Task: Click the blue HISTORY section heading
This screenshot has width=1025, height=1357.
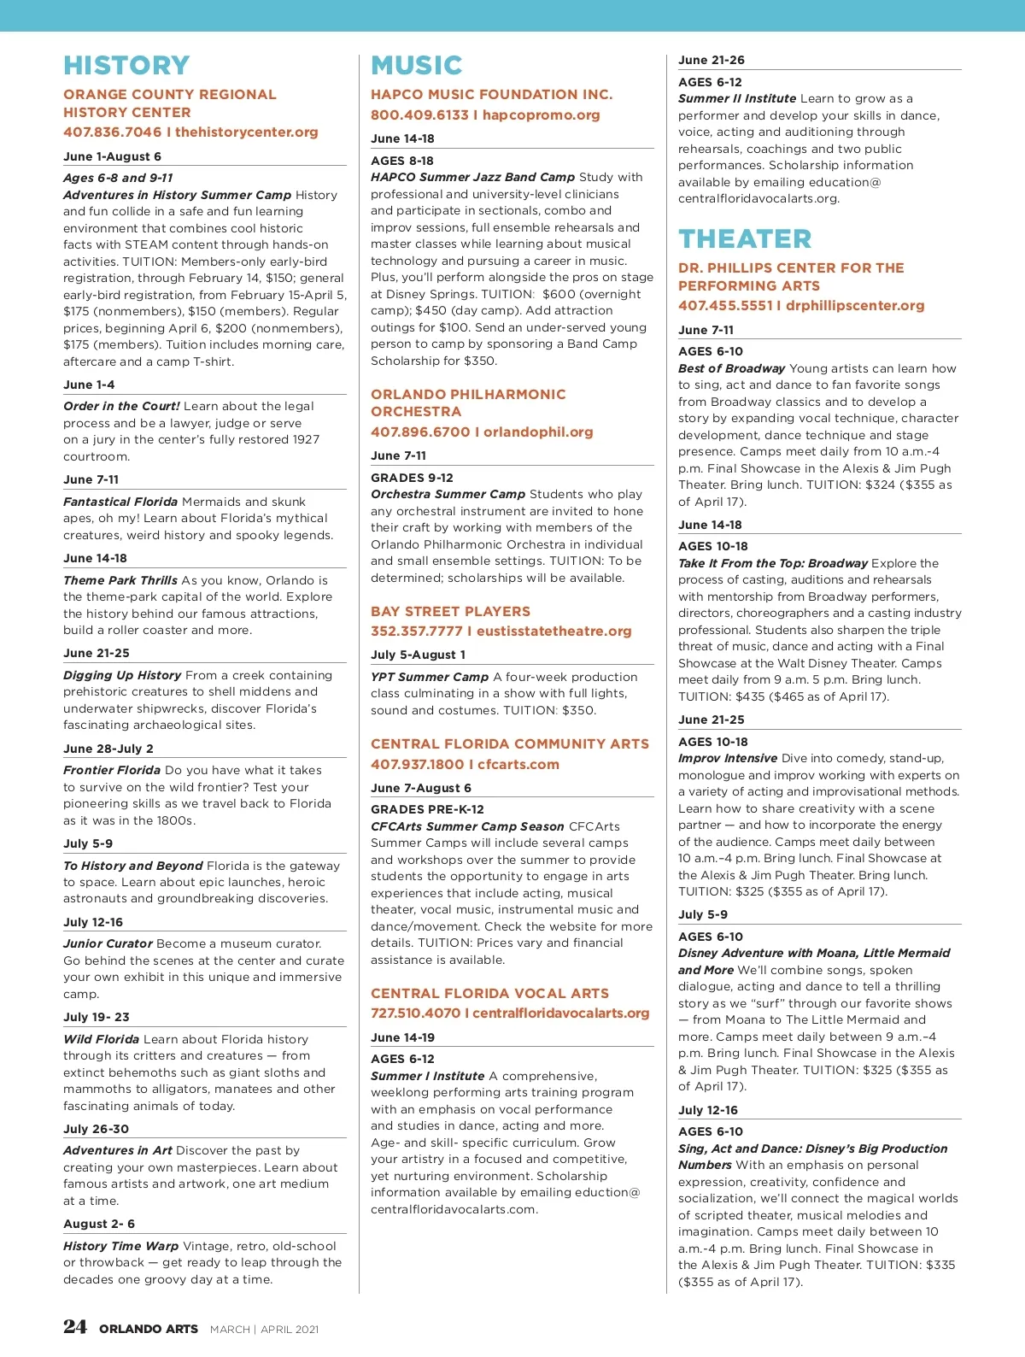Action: click(126, 66)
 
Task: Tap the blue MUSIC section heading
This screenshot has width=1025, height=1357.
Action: click(416, 66)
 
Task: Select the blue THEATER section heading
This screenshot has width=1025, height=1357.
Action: click(745, 239)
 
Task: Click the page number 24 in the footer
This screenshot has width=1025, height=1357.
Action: click(75, 1326)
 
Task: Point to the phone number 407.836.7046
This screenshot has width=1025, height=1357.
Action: click(112, 132)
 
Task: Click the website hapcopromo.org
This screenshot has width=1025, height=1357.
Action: click(542, 115)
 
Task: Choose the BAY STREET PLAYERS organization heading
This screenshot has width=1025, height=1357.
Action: click(450, 612)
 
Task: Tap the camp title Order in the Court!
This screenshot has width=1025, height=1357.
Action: click(121, 407)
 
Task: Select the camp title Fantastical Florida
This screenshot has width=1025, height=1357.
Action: click(120, 502)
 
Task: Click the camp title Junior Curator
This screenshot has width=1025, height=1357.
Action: click(108, 944)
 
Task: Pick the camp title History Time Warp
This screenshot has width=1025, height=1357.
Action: click(120, 1247)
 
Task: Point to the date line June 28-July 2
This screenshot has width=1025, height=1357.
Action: click(108, 749)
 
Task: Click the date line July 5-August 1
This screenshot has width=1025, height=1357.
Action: click(418, 655)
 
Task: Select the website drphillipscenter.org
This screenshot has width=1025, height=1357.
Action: click(855, 306)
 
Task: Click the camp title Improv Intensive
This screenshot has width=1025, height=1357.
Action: click(728, 759)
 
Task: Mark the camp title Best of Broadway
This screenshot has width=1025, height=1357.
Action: click(731, 369)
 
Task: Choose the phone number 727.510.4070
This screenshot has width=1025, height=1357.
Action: click(415, 1013)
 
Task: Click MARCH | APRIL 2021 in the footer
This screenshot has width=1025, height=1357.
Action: click(264, 1330)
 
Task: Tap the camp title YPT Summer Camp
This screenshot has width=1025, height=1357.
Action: click(430, 678)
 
